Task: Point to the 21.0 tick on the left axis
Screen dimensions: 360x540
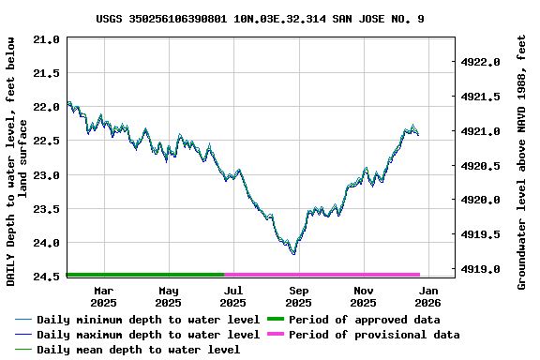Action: click(x=46, y=39)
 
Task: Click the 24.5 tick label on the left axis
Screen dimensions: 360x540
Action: click(x=46, y=277)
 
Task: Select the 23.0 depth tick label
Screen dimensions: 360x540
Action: click(x=46, y=175)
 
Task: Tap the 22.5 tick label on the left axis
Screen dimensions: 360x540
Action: click(x=46, y=141)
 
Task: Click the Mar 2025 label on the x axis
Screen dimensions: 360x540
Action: click(x=103, y=296)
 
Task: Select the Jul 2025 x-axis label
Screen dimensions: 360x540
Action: click(x=233, y=296)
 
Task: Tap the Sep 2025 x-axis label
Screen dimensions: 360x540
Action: click(x=298, y=296)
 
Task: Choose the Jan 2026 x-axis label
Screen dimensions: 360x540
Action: click(x=427, y=296)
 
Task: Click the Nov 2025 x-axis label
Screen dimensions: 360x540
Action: click(x=363, y=296)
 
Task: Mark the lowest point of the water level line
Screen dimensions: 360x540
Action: click(x=293, y=253)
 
